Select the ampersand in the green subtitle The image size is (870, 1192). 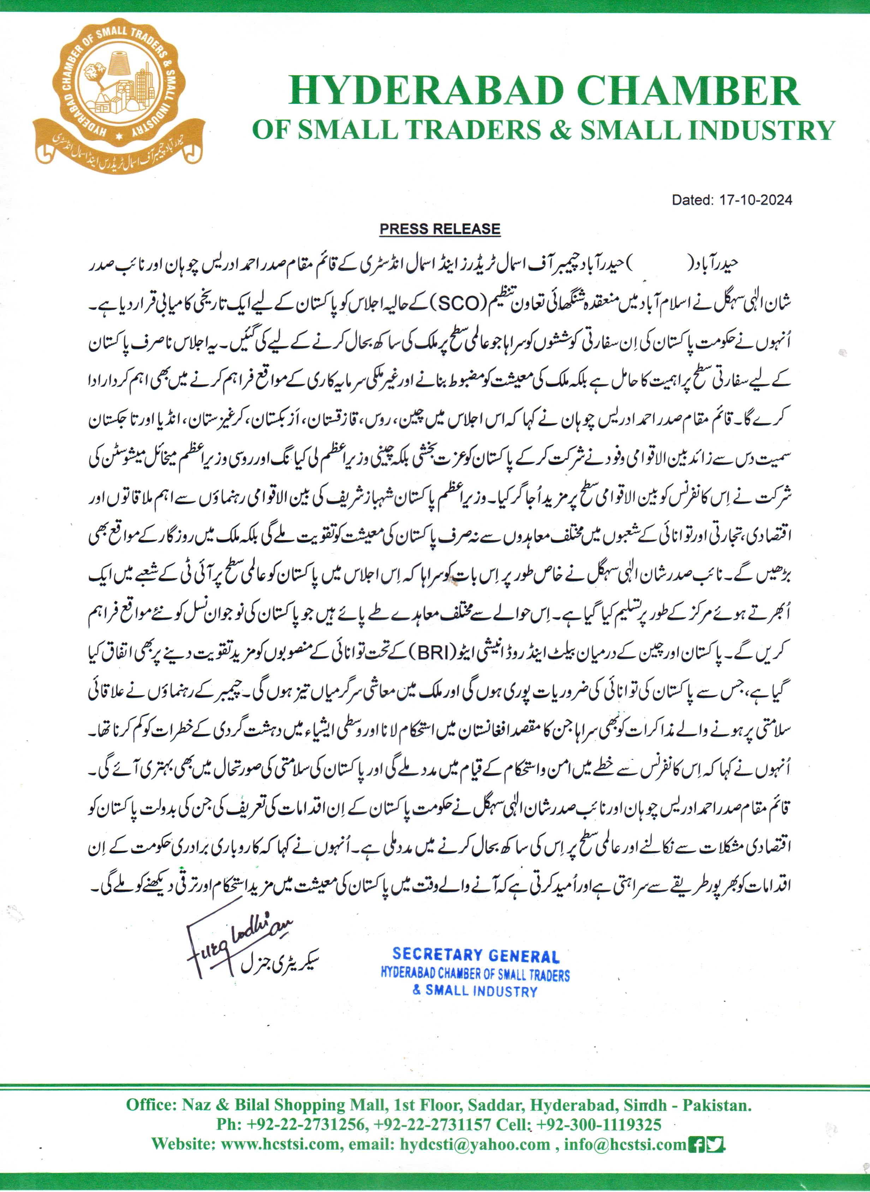(x=561, y=130)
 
